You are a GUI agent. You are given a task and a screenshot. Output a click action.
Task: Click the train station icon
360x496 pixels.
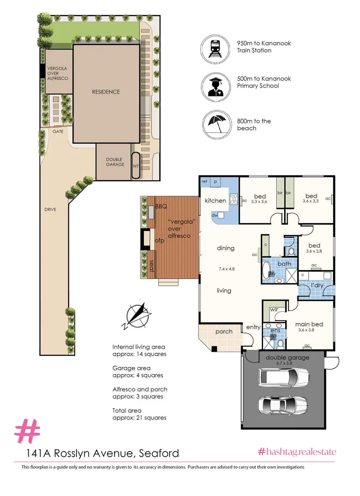tap(214, 47)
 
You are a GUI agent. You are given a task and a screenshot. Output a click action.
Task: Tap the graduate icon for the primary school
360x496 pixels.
tap(214, 85)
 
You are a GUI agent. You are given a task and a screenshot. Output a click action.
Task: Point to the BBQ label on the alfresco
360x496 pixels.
tap(161, 206)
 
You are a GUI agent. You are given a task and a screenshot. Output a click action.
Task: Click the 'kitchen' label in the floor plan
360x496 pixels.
tap(215, 201)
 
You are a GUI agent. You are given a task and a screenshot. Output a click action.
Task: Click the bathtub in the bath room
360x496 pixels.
tap(267, 271)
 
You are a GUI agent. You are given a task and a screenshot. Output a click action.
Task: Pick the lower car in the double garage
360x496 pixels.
tap(282, 405)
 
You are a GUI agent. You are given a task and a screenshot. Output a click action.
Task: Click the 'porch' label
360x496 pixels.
tap(224, 332)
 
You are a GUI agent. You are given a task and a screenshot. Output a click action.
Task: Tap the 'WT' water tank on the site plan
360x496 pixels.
tap(136, 166)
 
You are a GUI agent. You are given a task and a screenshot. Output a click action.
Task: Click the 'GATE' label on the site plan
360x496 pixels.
tap(57, 131)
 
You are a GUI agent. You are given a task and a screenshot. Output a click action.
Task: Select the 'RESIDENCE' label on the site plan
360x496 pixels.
tap(106, 92)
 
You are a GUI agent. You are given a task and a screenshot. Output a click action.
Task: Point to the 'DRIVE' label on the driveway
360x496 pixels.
tap(51, 209)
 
